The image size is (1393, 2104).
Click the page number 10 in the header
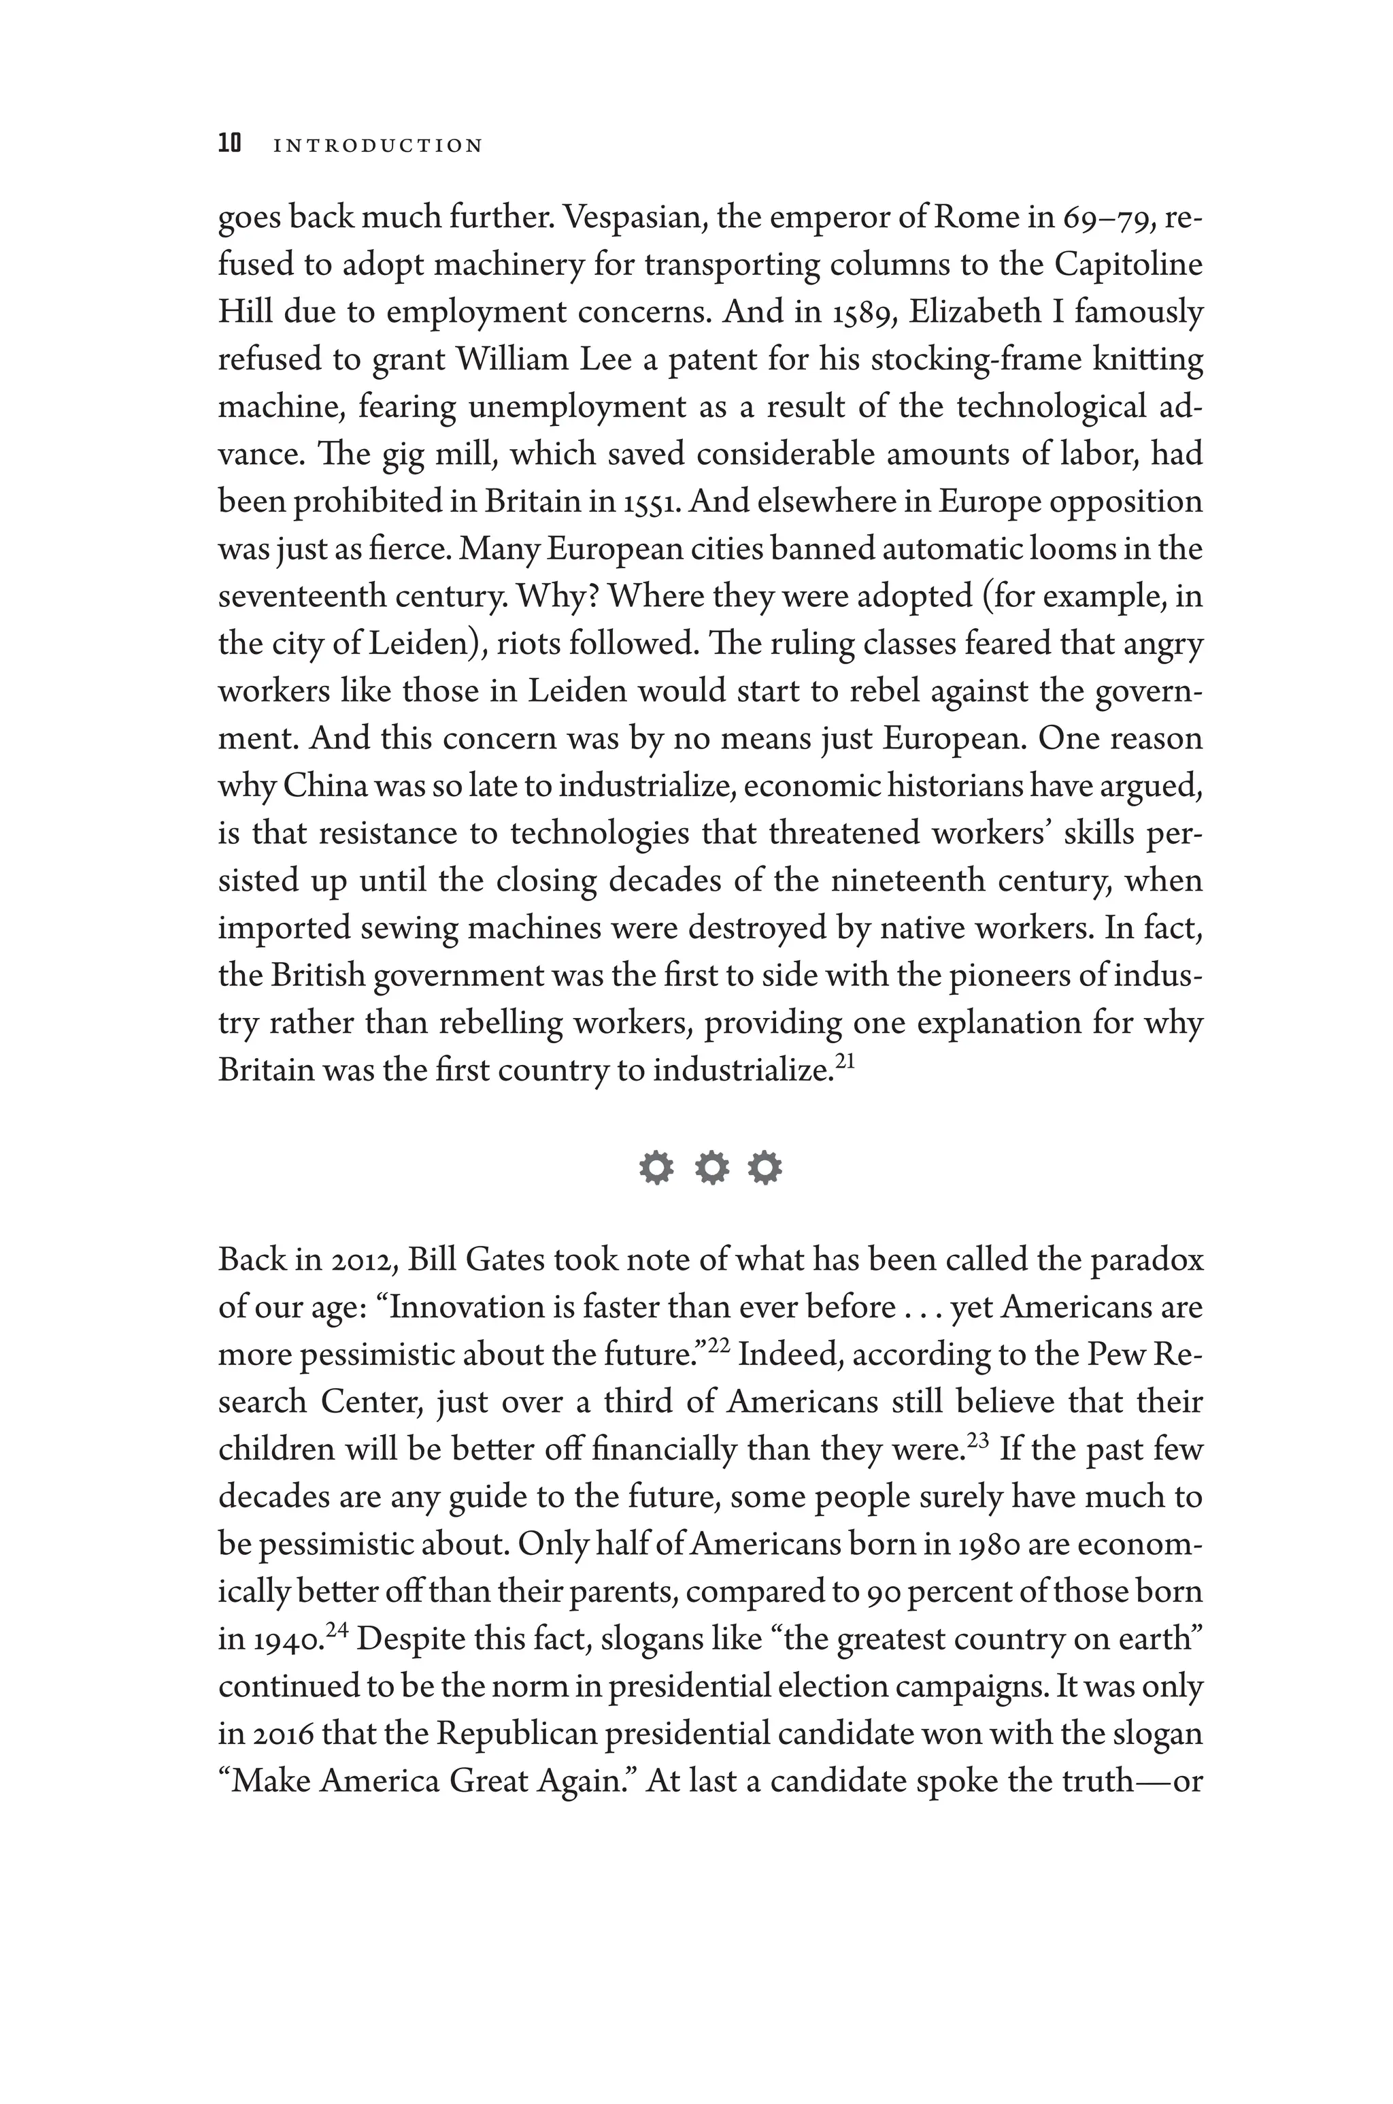click(x=229, y=144)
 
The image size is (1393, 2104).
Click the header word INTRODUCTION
click(x=377, y=146)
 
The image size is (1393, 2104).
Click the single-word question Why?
click(x=560, y=596)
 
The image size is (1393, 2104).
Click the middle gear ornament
click(x=711, y=1168)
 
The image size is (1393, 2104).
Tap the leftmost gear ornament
click(x=656, y=1168)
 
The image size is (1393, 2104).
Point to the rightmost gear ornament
click(x=765, y=1168)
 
